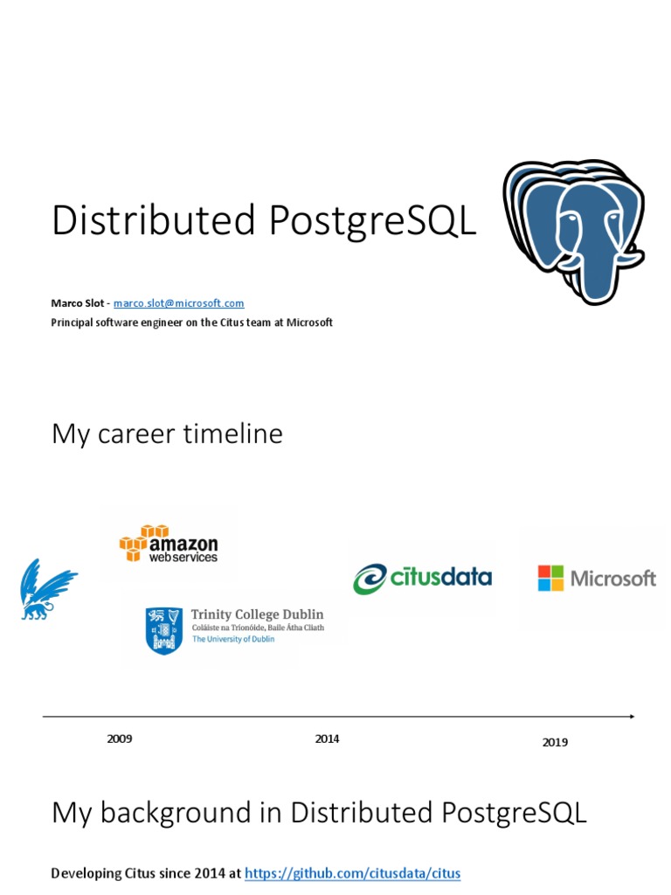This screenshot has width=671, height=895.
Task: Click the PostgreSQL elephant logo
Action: (x=573, y=232)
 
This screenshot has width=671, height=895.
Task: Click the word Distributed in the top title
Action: (x=153, y=221)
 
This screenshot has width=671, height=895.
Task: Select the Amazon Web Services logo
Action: (x=169, y=544)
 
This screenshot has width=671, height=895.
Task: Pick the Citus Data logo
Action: (x=422, y=578)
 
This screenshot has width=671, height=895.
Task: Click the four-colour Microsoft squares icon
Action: (x=550, y=578)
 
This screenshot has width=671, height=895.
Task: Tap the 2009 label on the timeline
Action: (x=120, y=739)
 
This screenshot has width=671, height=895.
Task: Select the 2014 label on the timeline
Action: (x=328, y=739)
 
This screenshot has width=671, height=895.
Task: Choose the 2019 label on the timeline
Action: (x=555, y=743)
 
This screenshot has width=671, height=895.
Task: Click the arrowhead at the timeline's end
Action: (x=630, y=717)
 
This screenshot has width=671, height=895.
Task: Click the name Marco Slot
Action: (x=78, y=303)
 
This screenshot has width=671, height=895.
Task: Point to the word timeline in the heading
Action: (x=232, y=434)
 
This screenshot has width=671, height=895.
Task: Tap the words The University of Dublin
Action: (x=232, y=639)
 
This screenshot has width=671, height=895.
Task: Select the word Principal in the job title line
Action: (x=73, y=323)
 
